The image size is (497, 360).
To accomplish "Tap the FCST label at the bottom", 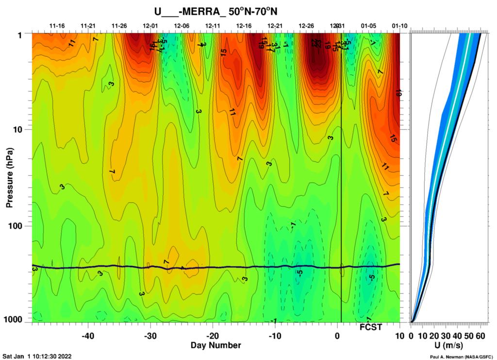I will (371, 327).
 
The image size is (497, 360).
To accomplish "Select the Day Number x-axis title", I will (216, 345).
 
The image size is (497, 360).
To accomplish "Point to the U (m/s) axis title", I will (448, 345).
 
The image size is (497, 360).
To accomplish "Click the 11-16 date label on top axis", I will (57, 25).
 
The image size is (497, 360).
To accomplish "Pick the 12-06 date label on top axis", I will (182, 25).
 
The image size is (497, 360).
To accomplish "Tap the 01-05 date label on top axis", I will (368, 25).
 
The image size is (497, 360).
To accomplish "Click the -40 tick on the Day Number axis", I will (88, 336).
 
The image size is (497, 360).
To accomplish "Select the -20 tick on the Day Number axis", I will (213, 336).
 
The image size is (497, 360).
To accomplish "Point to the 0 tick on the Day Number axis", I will (338, 336).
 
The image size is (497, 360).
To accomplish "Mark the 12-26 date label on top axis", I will (306, 25).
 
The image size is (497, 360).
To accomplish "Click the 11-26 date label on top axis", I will (119, 25).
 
